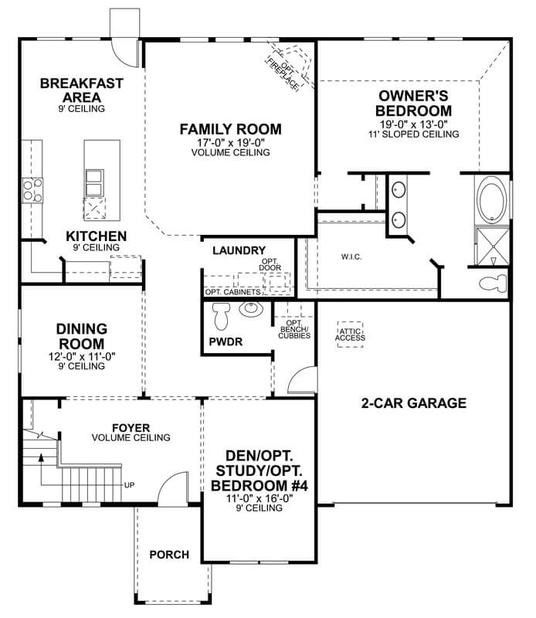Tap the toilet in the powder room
point(222,315)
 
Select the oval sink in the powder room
point(252,310)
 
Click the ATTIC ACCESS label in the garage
point(351,334)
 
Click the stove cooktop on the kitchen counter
point(32,188)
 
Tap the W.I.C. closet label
point(351,256)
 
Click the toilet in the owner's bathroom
point(492,282)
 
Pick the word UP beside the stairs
point(130,485)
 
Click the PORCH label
point(169,555)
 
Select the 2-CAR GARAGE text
point(414,403)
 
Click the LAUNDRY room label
point(239,250)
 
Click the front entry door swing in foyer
point(172,487)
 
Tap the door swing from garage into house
point(301,381)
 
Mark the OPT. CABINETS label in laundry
point(232,293)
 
